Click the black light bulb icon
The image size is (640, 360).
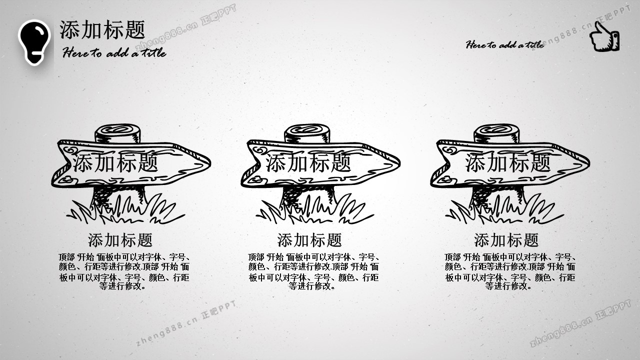tap(34, 42)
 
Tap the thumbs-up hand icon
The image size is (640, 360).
tap(604, 36)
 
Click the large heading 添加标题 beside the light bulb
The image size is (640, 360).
tap(102, 29)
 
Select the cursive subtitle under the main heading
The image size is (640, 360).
tap(114, 52)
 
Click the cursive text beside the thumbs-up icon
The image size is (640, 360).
tap(505, 44)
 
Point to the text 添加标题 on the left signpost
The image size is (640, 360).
tap(115, 162)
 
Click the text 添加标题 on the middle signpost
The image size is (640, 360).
tap(308, 162)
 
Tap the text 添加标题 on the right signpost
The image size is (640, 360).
tap(507, 162)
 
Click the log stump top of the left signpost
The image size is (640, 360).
tap(117, 133)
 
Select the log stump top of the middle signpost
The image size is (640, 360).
tap(307, 133)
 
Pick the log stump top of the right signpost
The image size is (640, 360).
tap(496, 133)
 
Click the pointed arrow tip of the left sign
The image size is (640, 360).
tap(210, 163)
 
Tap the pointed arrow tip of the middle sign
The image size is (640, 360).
tap(400, 163)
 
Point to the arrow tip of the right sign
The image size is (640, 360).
tap(589, 163)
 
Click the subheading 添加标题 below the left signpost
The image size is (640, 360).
tap(120, 240)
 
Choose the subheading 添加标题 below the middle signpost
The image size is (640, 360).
tap(309, 240)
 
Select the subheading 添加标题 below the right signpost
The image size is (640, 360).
tap(506, 240)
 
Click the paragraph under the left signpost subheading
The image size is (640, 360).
tap(124, 271)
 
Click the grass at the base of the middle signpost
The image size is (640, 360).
tap(314, 210)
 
